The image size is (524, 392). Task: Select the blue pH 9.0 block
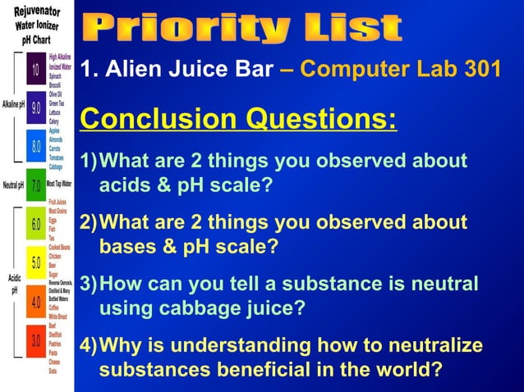coord(36,107)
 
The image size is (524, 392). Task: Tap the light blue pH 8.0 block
coord(36,146)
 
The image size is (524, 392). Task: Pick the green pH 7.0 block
coord(36,185)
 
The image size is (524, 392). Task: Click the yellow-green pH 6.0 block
coord(36,224)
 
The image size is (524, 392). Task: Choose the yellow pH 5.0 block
coord(36,262)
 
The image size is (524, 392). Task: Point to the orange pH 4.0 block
coord(36,301)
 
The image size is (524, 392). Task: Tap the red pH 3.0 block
coord(36,340)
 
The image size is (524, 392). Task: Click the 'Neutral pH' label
coord(13,185)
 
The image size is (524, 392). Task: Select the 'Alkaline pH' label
coord(13,105)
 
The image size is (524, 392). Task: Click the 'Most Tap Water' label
coord(59,185)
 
